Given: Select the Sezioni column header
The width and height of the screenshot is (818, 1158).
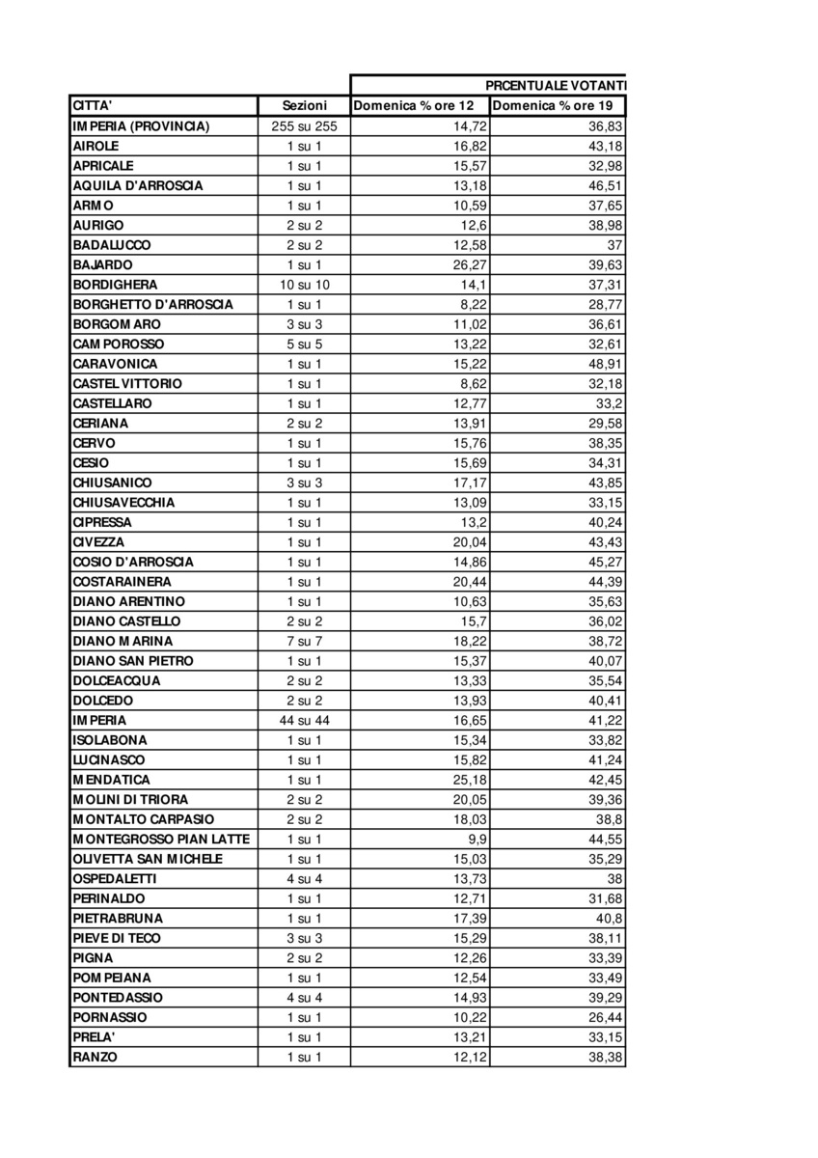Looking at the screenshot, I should pos(304,106).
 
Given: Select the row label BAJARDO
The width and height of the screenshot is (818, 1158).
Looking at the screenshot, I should pos(102,264).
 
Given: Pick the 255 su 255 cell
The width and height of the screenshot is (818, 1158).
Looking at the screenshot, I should pos(304,126).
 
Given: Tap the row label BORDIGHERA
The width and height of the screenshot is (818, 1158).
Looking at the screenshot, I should pos(115,285).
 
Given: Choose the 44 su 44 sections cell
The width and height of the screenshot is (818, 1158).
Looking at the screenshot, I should pos(304,720).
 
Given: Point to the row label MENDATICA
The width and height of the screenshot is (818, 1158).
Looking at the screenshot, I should pos(111,780).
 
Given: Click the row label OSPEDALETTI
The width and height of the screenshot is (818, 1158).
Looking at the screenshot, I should pos(114,879).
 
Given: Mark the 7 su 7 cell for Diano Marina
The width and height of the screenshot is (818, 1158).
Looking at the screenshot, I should pos(304,641).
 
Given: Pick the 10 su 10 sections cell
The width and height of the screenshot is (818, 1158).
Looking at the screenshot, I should pos(304,285).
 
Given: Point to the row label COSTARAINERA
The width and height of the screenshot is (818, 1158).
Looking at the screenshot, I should pos(122,582).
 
